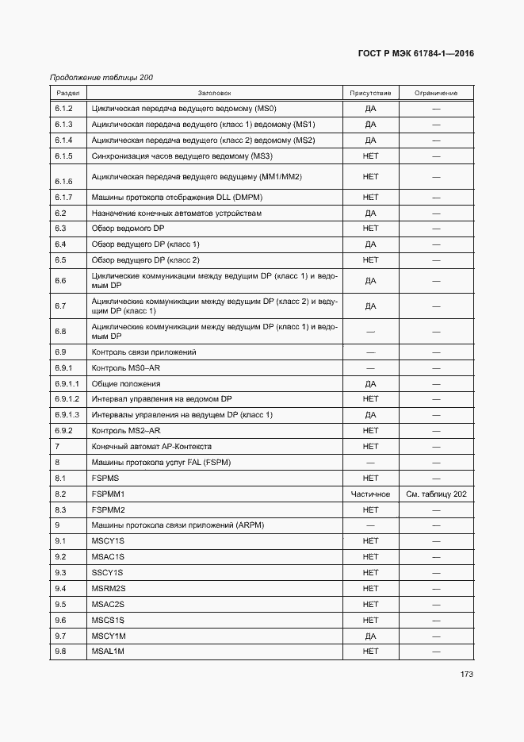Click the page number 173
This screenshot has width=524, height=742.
coord(465,675)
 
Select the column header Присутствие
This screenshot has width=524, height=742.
coord(370,93)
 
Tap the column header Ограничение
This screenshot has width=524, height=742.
coord(435,93)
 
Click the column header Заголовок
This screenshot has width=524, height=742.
coord(214,93)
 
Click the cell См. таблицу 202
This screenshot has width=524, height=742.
coord(436,494)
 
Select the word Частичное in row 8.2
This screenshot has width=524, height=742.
coord(370,494)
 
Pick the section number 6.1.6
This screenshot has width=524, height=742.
coord(64,182)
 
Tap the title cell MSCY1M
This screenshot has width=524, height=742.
coord(109,636)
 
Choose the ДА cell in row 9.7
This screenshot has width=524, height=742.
coord(370,636)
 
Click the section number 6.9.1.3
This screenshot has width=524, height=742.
coord(67,415)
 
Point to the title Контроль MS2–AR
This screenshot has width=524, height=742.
coord(126,431)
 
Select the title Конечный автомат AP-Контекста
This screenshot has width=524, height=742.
coord(151,447)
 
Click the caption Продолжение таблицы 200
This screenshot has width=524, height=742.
coord(101,77)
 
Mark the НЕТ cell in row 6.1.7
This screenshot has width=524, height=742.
coord(370,197)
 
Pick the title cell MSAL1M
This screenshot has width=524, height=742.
coord(109,652)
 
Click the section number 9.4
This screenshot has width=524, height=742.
coord(60,588)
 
